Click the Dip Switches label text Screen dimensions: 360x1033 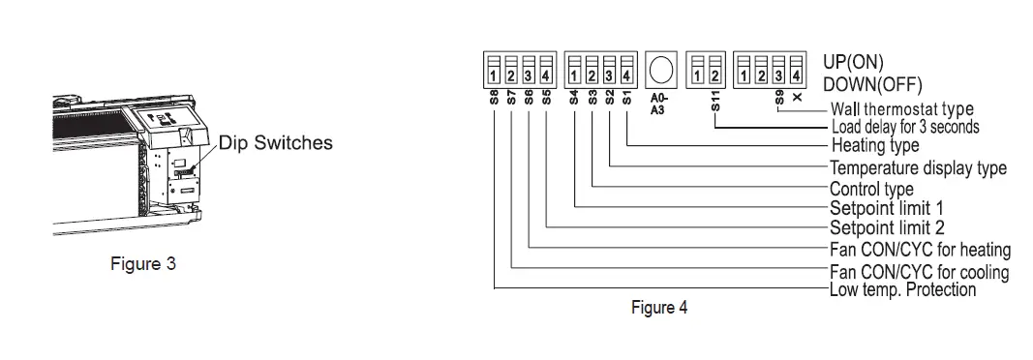pos(276,143)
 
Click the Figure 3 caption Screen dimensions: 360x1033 pos(142,264)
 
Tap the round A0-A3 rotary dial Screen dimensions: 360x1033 pos(661,68)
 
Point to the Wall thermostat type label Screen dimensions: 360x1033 pos(901,109)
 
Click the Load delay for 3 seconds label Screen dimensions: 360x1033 pos(905,127)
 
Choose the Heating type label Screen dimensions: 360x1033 pos(875,145)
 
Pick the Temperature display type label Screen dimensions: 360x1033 pos(918,168)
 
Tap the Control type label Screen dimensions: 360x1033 pos(871,188)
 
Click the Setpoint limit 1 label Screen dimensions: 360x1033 pos(886,207)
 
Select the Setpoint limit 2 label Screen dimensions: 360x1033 pos(887,228)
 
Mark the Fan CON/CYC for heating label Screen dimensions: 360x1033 pos(920,251)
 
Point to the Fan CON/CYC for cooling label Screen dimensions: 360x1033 pos(919,272)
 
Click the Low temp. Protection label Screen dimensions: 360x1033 pos(902,289)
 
